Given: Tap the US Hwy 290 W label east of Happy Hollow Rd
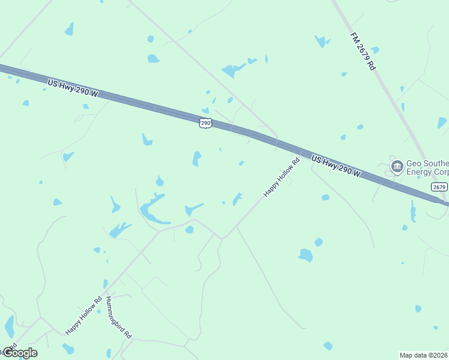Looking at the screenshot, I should click(336, 166).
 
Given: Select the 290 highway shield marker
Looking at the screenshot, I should click(205, 122).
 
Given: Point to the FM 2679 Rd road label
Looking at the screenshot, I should click(363, 52).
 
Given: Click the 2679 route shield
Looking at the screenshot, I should click(439, 187).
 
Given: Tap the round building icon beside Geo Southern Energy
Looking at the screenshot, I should click(396, 166).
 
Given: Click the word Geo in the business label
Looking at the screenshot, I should click(414, 163).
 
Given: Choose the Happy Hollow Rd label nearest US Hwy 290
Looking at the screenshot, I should click(282, 177).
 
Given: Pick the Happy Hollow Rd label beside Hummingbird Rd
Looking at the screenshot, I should click(84, 315).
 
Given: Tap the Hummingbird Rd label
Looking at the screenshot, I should click(118, 317).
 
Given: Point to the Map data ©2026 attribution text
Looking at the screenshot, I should click(424, 355).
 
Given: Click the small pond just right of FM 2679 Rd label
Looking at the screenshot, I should click(375, 50).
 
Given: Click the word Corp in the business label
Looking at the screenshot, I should click(441, 172).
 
